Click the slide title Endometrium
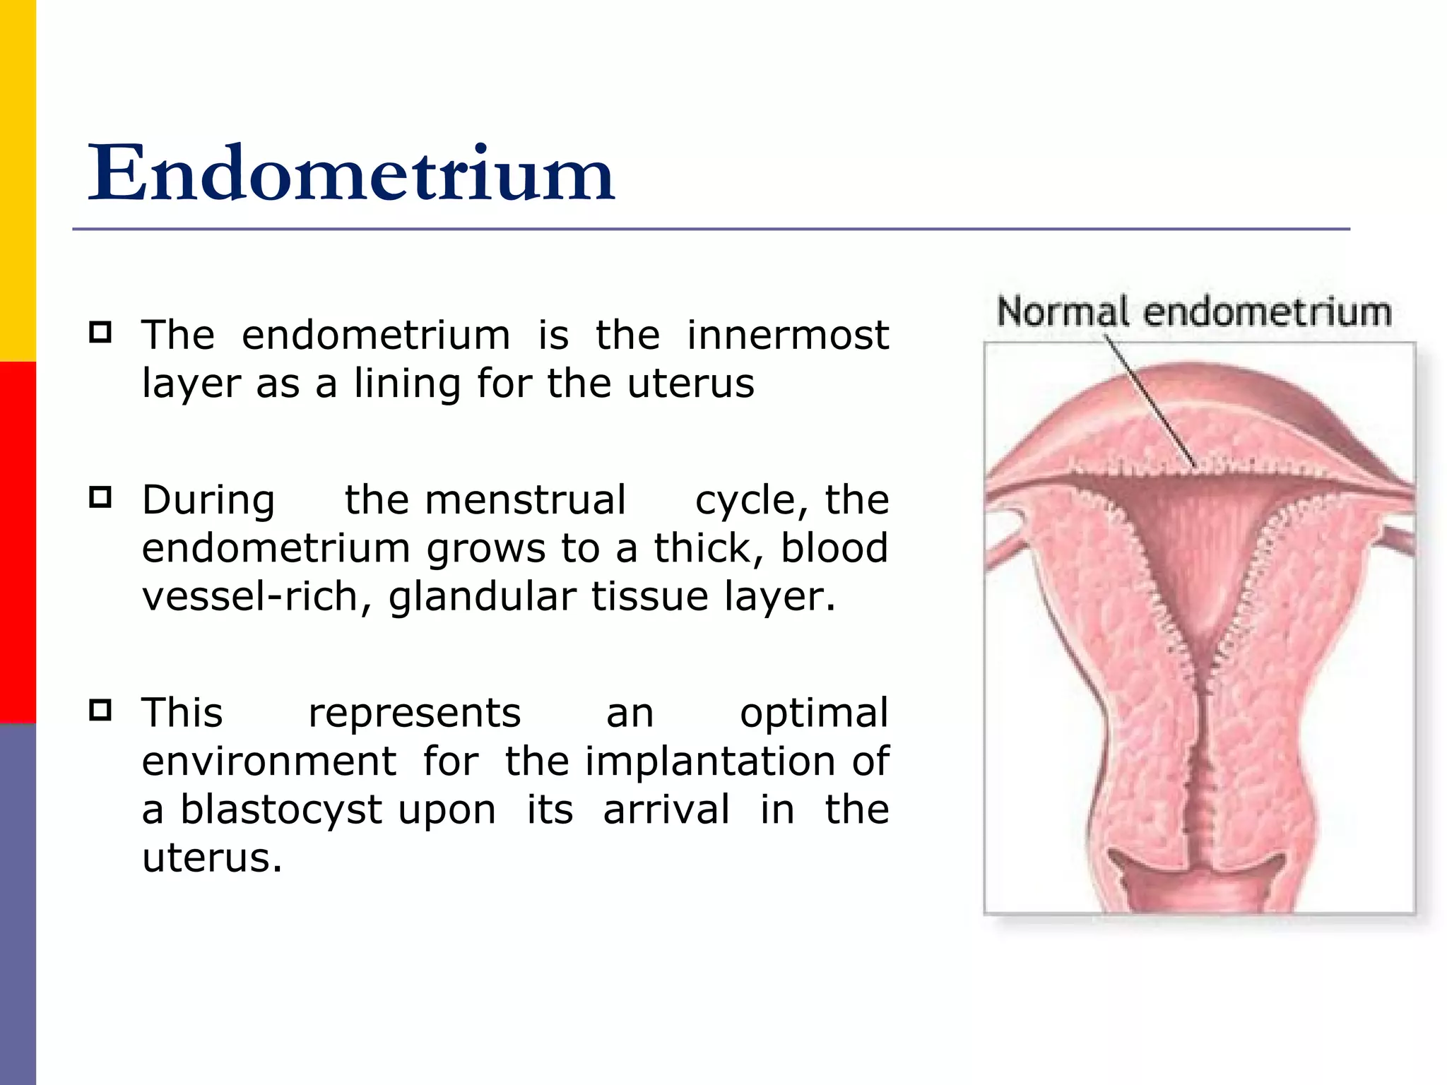pos(351,173)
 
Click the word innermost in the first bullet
pos(787,335)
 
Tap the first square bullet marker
pos(100,332)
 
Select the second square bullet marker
pos(100,497)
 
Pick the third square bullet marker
pos(100,709)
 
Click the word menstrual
pos(525,500)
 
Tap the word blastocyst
pos(281,810)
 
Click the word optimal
pos(813,713)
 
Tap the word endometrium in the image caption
pos(1267,312)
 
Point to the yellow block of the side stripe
pos(18,180)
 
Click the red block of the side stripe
pos(18,542)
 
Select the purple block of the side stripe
pos(18,904)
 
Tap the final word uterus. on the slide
pos(212,859)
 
